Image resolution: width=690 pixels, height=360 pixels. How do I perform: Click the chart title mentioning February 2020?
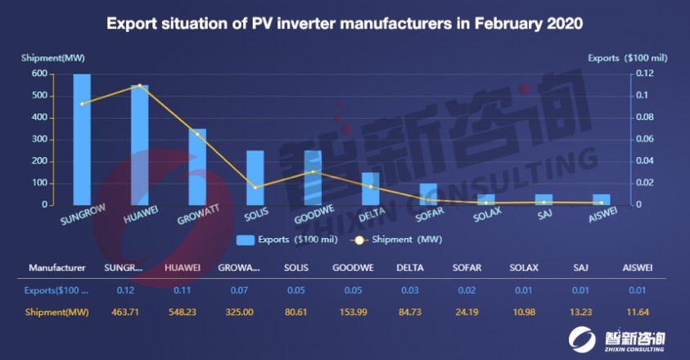(345, 24)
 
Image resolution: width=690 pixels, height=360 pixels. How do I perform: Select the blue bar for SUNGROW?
(82, 139)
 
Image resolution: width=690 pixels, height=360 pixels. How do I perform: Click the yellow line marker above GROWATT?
(197, 134)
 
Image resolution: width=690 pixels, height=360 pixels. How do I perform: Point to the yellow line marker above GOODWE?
(313, 172)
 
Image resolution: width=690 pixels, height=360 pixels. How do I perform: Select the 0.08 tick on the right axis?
(643, 117)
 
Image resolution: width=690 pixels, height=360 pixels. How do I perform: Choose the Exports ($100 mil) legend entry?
(287, 240)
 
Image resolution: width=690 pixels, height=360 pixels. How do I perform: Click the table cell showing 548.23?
(182, 312)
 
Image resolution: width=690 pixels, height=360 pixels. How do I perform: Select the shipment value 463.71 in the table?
(124, 312)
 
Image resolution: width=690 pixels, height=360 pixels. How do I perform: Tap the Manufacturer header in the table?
(57, 268)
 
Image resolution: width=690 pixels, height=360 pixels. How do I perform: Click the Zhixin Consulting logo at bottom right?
(626, 339)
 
